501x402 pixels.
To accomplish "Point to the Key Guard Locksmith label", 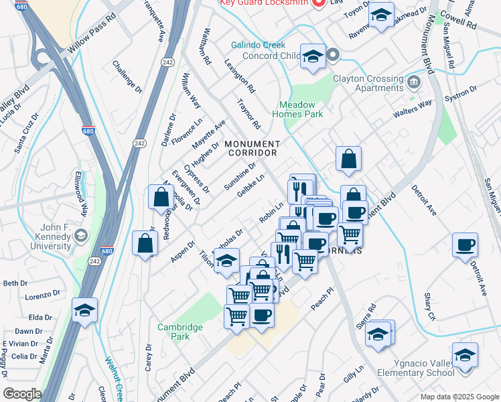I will click(267, 3).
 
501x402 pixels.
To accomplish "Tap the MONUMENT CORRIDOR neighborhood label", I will click(253, 148).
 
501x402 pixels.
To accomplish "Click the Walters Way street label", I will click(413, 110).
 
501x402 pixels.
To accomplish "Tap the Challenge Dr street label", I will click(127, 76).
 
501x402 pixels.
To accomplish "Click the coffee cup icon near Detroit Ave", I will click(465, 245).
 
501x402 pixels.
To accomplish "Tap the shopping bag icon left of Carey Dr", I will click(145, 244).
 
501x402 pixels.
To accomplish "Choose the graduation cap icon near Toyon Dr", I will click(381, 16).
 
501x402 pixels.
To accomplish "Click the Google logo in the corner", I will click(22, 394).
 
